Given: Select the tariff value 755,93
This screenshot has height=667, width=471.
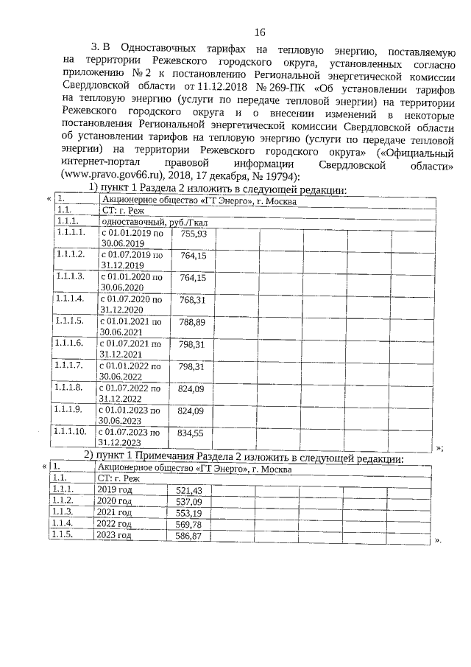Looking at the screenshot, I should click(192, 233).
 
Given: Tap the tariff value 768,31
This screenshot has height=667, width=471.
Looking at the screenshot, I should click(192, 300).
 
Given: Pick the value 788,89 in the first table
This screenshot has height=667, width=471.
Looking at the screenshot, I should click(192, 322).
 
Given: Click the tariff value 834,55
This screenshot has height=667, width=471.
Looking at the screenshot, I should click(192, 433).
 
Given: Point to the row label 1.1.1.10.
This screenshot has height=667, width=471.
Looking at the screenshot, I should click(71, 432).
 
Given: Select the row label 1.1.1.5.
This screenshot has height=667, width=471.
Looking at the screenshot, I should click(69, 322).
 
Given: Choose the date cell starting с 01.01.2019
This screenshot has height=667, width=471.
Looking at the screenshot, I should click(132, 238).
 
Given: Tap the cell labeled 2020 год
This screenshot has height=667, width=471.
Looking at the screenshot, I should click(114, 501).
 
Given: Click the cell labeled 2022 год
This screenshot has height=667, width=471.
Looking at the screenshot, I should click(114, 525).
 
